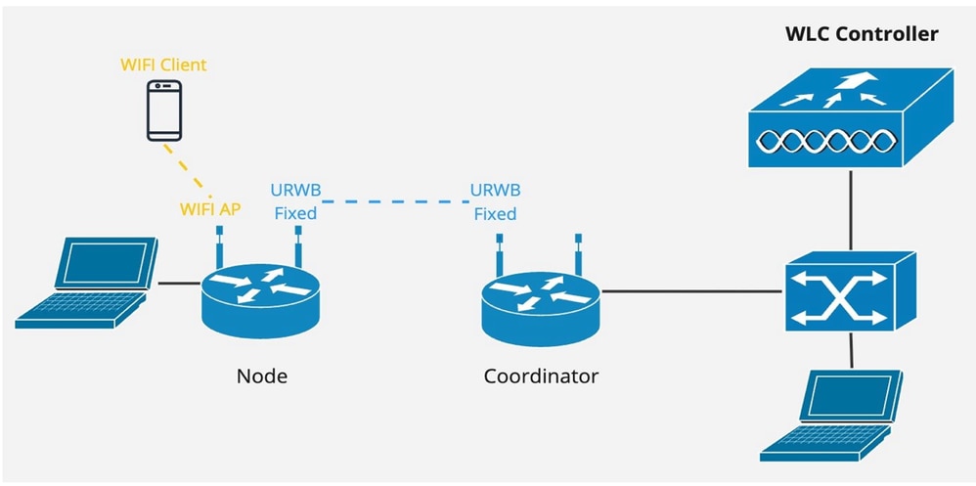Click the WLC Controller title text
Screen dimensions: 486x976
click(x=862, y=34)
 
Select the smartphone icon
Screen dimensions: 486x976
click(x=163, y=110)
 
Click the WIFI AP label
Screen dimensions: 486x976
click(x=211, y=208)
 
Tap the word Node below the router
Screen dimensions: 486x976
click(x=261, y=376)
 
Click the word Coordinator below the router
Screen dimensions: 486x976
click(x=541, y=376)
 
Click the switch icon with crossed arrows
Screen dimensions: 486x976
click(x=849, y=289)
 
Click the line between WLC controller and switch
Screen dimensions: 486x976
click(x=850, y=210)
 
